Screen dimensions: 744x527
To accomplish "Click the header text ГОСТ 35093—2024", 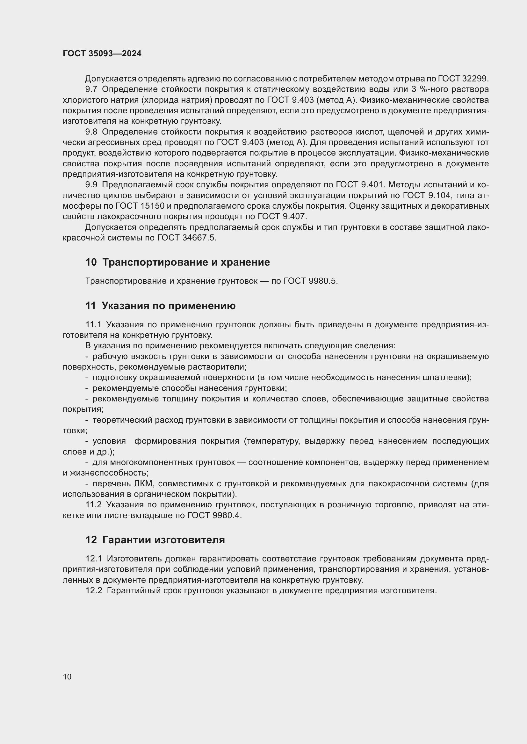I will pos(102,54).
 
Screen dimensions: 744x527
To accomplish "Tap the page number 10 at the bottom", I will pos(67,676).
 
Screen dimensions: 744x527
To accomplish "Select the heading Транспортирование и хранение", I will pos(186,262).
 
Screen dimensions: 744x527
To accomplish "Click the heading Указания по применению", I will pos(169,306).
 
